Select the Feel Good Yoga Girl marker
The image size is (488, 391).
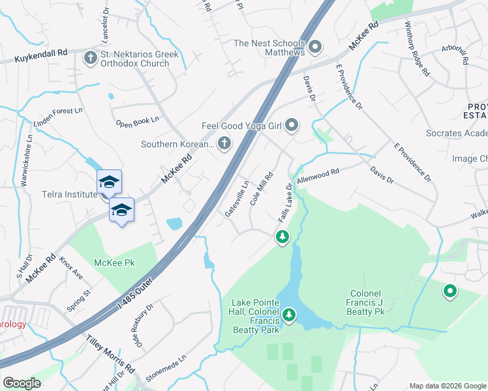click(x=292, y=124)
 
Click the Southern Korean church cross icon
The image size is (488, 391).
click(x=224, y=144)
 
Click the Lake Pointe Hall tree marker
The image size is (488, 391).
click(x=288, y=317)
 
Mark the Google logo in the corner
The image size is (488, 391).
click(x=22, y=383)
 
